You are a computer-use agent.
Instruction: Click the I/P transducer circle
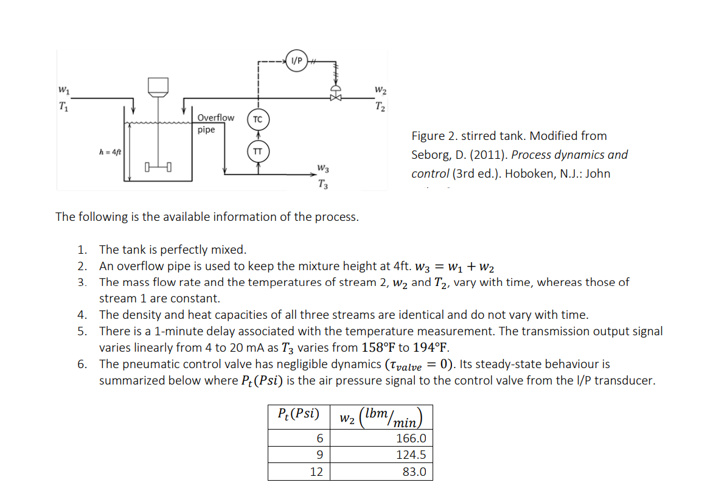pyautogui.click(x=296, y=61)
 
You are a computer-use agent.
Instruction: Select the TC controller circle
pyautogui.click(x=257, y=120)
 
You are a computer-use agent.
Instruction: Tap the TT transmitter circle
pyautogui.click(x=257, y=151)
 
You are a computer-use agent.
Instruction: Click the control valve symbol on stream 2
pyautogui.click(x=335, y=96)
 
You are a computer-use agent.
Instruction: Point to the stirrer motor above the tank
pyautogui.click(x=158, y=87)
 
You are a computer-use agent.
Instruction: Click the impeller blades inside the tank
pyautogui.click(x=158, y=166)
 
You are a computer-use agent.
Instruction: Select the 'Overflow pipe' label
pyautogui.click(x=215, y=124)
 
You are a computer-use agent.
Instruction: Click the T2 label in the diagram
pyautogui.click(x=381, y=108)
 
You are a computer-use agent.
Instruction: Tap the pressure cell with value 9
pyautogui.click(x=316, y=455)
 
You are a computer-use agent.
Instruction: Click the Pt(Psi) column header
pyautogui.click(x=298, y=414)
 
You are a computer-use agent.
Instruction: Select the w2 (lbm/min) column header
pyautogui.click(x=380, y=417)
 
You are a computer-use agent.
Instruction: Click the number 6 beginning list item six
pyautogui.click(x=82, y=364)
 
